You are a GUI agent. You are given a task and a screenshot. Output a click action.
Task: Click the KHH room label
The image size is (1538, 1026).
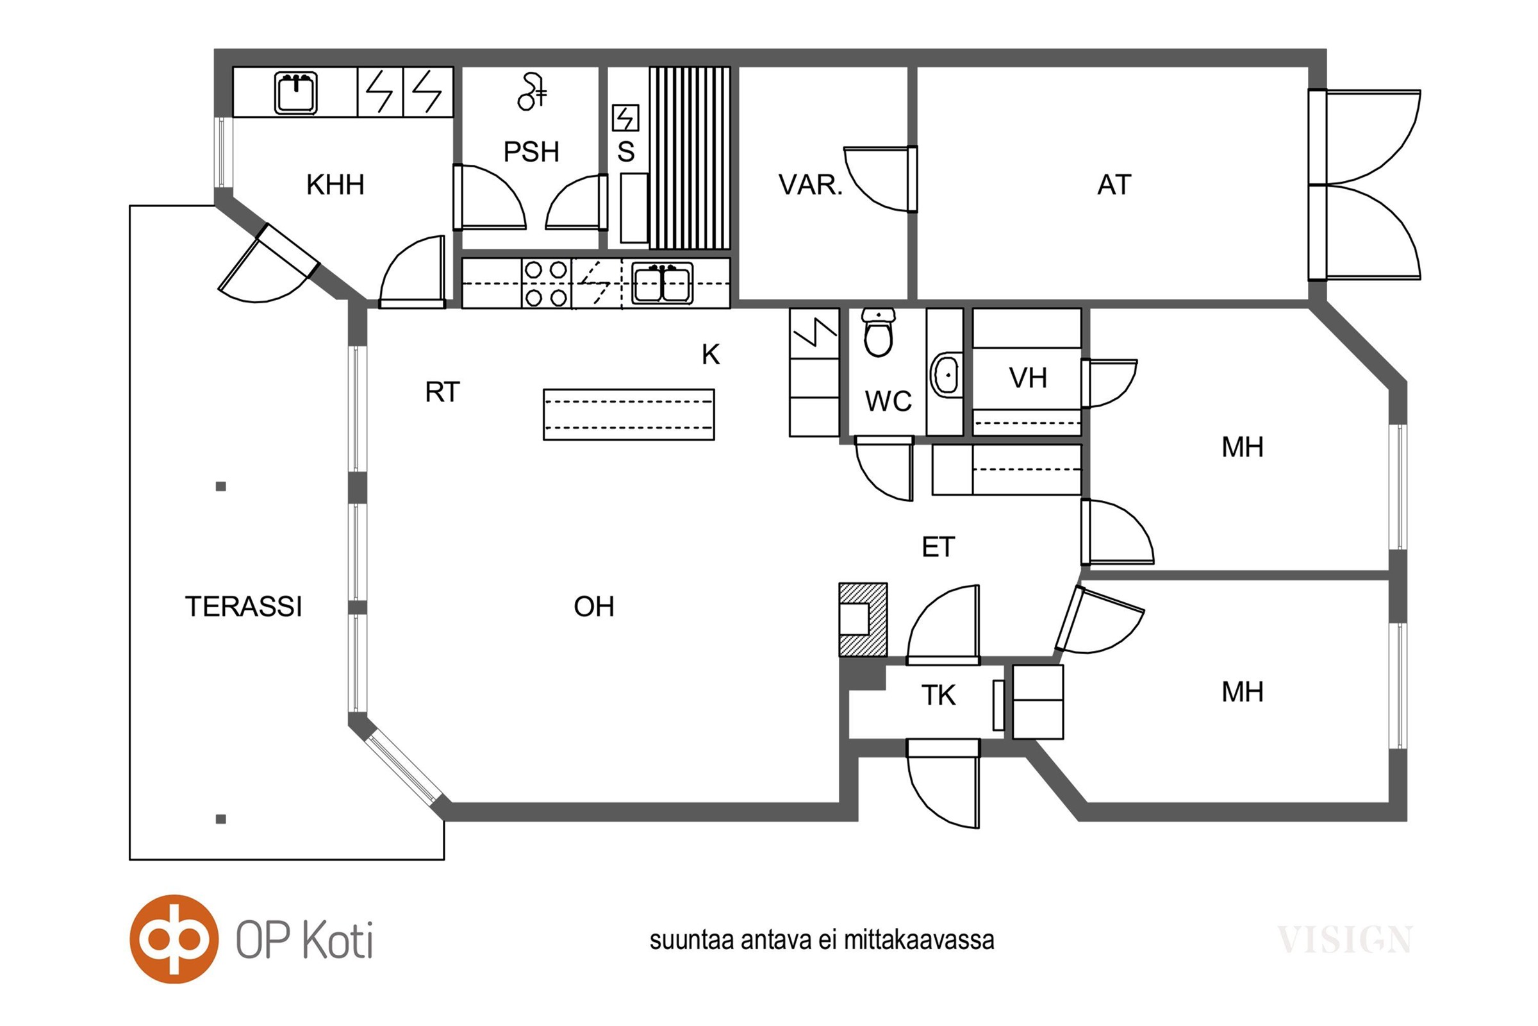point(335,185)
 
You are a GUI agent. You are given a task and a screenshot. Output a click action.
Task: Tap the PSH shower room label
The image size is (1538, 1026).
point(531,152)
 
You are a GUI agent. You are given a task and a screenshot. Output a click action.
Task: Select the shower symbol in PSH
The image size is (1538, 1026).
point(531,92)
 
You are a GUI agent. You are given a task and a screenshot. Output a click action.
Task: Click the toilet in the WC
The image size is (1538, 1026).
point(878,333)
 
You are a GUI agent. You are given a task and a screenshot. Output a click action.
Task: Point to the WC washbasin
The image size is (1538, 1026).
point(945,375)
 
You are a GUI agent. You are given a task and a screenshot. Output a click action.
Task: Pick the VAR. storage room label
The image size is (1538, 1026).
point(811,185)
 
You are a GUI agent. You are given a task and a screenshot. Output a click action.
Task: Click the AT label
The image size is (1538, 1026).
point(1114,185)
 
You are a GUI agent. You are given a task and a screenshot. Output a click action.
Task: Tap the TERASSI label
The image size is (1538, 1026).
point(244,607)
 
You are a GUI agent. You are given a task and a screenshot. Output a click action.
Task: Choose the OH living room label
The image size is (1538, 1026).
point(594,607)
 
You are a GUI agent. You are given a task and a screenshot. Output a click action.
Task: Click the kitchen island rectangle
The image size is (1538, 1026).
point(629,415)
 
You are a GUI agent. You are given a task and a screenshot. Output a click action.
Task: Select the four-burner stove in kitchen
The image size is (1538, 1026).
point(546,284)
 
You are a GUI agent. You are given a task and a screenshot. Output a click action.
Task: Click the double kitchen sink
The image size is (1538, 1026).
point(662,284)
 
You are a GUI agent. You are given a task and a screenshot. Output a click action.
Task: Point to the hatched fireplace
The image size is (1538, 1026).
point(863,619)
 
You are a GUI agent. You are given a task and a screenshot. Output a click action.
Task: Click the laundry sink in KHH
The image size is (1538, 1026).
point(295,93)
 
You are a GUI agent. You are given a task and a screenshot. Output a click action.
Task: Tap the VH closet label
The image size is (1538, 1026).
point(1028,378)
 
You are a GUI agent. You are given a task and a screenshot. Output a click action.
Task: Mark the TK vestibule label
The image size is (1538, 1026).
point(938,696)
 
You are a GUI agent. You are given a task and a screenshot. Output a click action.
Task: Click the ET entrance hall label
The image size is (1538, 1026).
point(938,547)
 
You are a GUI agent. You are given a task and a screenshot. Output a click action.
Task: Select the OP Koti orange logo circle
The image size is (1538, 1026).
point(174,939)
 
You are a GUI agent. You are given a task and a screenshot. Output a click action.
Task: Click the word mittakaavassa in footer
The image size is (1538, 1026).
point(919,940)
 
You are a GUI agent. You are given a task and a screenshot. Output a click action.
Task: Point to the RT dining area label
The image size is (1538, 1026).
point(443,392)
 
